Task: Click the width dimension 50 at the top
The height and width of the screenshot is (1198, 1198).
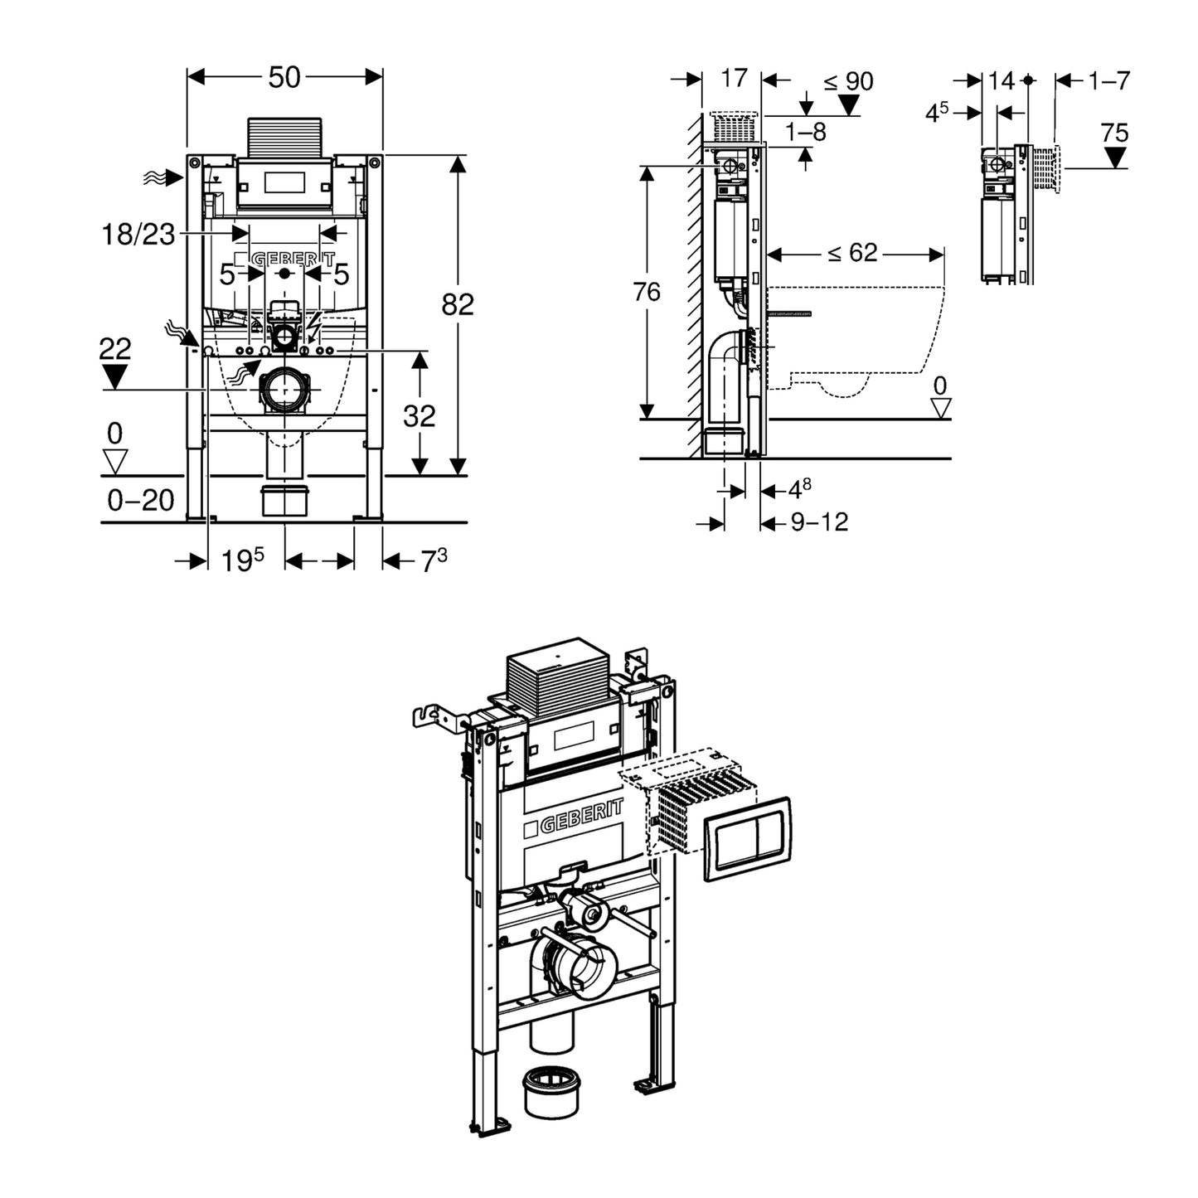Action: click(284, 77)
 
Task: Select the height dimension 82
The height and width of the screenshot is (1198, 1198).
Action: click(458, 304)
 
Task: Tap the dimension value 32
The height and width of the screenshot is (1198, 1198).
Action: click(420, 415)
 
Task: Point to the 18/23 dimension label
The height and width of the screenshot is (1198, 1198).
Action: click(138, 235)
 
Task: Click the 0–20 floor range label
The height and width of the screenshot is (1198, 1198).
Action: click(141, 500)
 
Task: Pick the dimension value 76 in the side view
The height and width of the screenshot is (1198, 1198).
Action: click(647, 292)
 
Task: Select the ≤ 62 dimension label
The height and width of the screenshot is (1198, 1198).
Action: click(853, 252)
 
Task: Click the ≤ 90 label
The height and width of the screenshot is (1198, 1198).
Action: click(848, 81)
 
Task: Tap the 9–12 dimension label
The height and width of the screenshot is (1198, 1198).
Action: click(819, 522)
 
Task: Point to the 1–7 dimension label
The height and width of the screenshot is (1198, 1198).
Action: click(1109, 80)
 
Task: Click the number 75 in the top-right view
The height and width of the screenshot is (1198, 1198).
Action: click(1114, 133)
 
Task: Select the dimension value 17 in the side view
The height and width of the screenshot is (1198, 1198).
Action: click(734, 78)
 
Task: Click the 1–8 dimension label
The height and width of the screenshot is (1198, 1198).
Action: click(806, 131)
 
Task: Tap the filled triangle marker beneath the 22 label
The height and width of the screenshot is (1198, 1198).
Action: click(114, 376)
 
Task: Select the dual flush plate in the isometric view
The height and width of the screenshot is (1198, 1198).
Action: click(746, 838)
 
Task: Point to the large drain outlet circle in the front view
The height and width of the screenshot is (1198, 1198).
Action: click(286, 389)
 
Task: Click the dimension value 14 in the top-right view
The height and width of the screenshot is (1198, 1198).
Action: click(1002, 80)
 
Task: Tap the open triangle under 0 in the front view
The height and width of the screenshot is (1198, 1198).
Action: click(114, 461)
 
